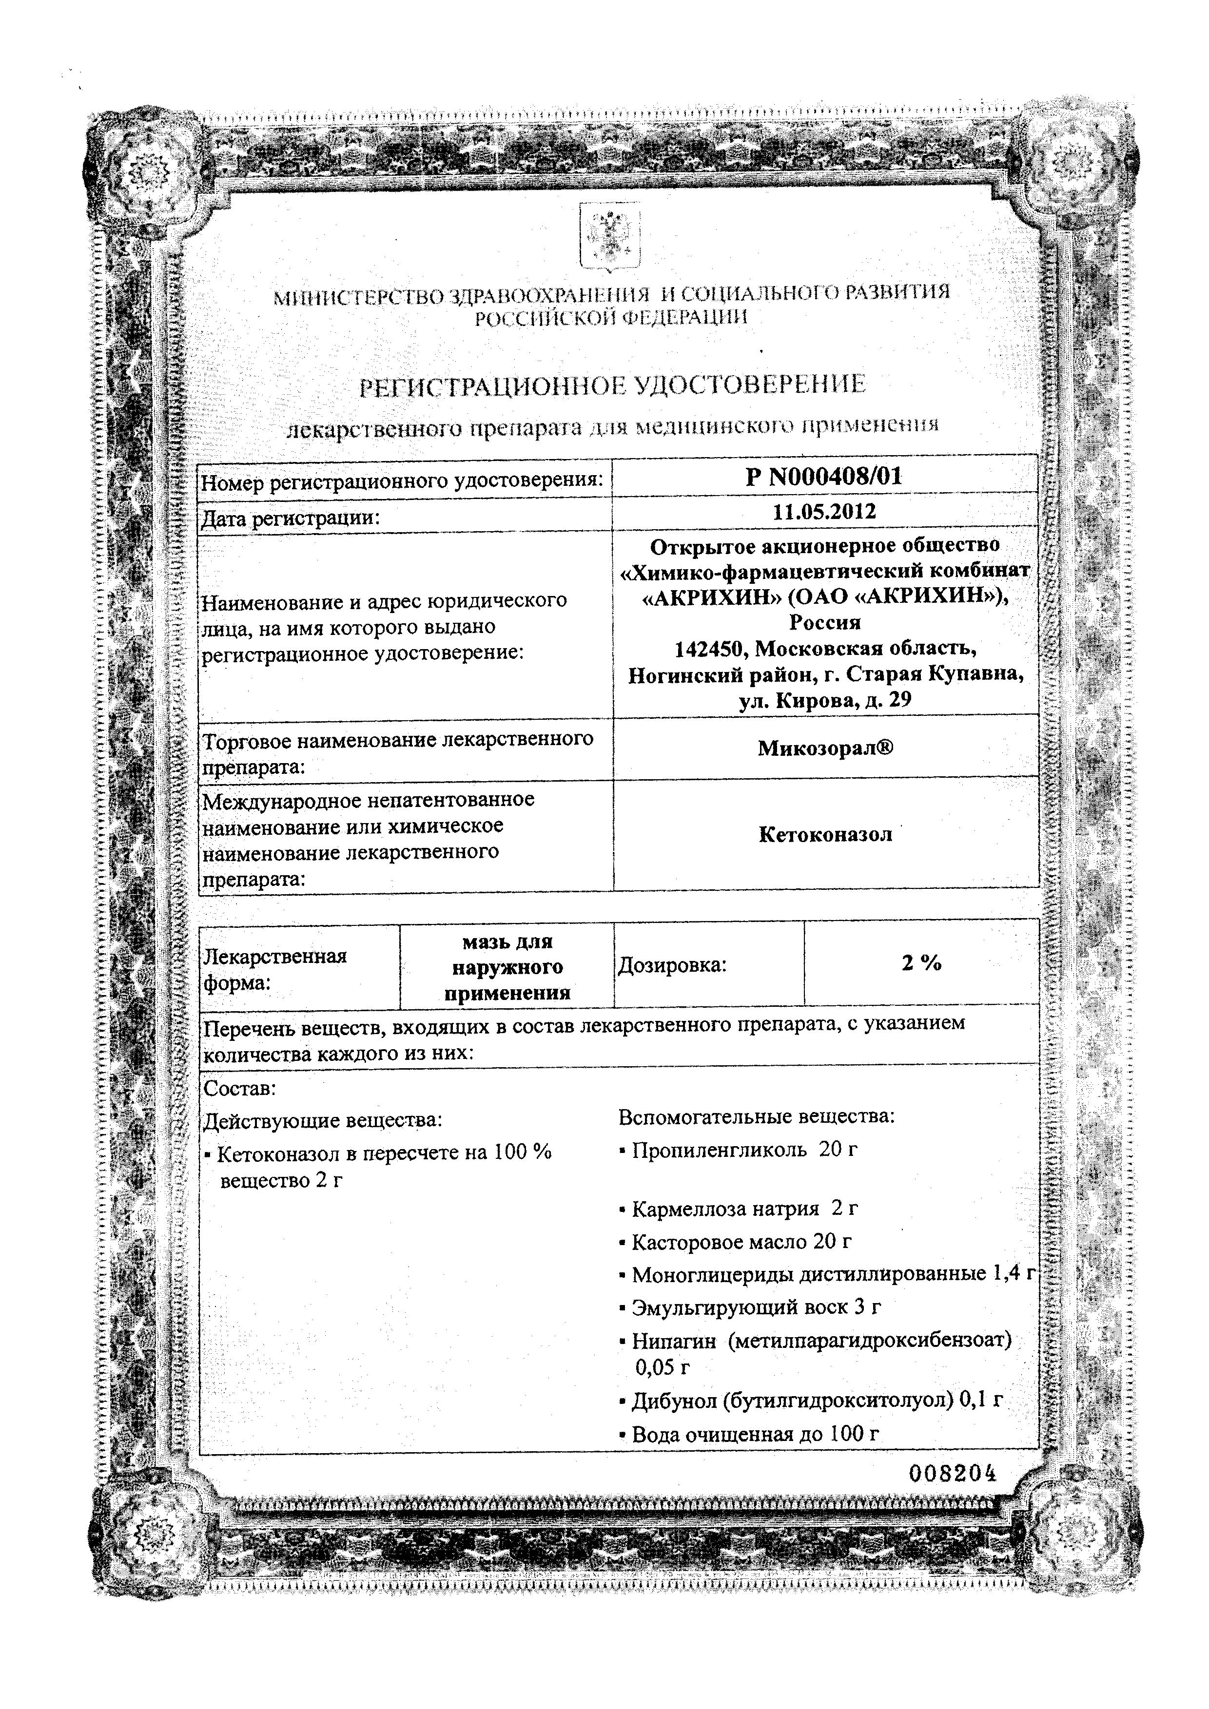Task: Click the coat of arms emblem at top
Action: tap(610, 237)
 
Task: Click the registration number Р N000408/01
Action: tap(823, 477)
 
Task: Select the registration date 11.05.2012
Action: tap(824, 512)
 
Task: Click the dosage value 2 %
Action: tap(922, 963)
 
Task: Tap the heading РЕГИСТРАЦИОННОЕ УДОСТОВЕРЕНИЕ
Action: tap(613, 385)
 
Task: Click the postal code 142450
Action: tap(711, 649)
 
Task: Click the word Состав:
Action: tap(240, 1089)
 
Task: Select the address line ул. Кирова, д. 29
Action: tap(825, 700)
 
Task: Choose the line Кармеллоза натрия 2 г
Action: tap(744, 1209)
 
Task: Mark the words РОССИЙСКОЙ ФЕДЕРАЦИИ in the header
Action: tap(611, 318)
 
